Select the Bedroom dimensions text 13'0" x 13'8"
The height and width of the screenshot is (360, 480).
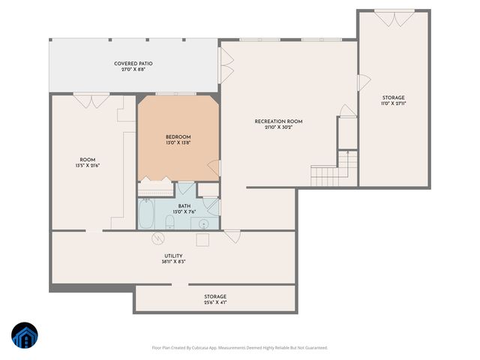[178, 143]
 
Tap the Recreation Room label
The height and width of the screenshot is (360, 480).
[278, 121]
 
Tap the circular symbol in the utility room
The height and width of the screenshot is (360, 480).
[158, 239]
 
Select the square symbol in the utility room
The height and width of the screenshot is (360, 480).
[202, 239]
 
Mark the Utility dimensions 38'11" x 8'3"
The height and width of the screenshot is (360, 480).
[173, 262]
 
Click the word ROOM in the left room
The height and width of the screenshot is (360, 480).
[87, 160]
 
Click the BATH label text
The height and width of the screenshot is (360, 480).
[184, 206]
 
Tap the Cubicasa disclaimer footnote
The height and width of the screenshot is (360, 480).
[239, 347]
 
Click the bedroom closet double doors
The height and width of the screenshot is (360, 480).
[156, 178]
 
